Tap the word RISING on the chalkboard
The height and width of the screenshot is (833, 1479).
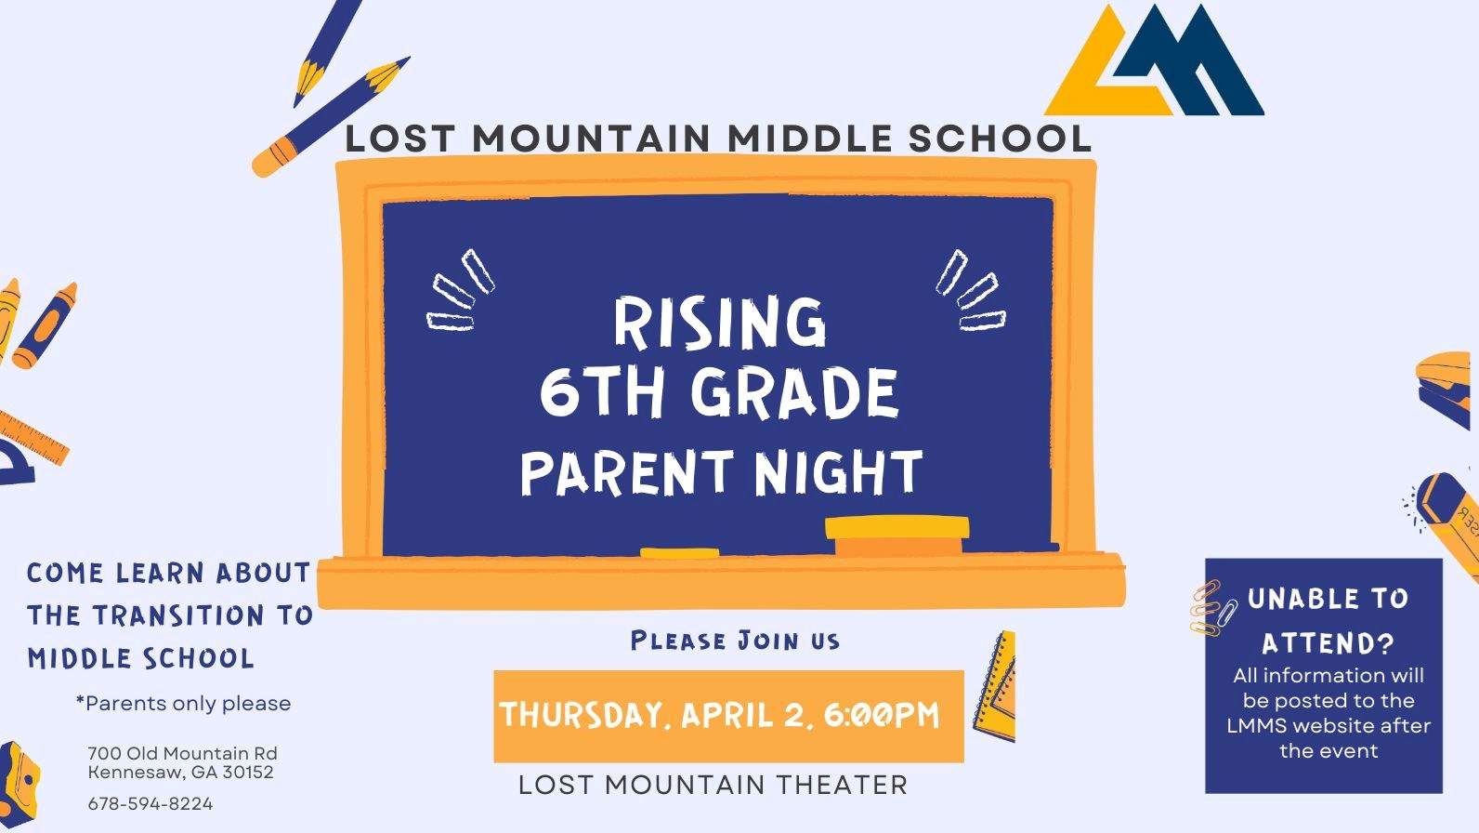[x=719, y=323]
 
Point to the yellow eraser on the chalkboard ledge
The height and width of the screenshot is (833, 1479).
[x=897, y=534]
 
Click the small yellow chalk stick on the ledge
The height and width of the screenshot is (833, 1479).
[x=679, y=553]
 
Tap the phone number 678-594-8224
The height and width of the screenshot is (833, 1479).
[x=151, y=803]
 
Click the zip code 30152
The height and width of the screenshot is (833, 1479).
[x=248, y=772]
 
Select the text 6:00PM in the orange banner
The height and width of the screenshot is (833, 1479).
[x=881, y=715]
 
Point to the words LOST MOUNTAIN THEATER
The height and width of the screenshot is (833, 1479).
[x=713, y=785]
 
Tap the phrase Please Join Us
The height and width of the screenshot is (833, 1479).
[x=735, y=641]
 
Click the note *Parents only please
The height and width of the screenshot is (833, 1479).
[x=183, y=704]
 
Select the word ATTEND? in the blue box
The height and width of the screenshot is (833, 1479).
[x=1328, y=643]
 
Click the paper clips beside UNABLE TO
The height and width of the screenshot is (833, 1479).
[x=1213, y=608]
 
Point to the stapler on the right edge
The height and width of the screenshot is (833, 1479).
[x=1446, y=389]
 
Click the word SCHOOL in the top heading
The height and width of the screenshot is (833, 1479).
[x=1000, y=139]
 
